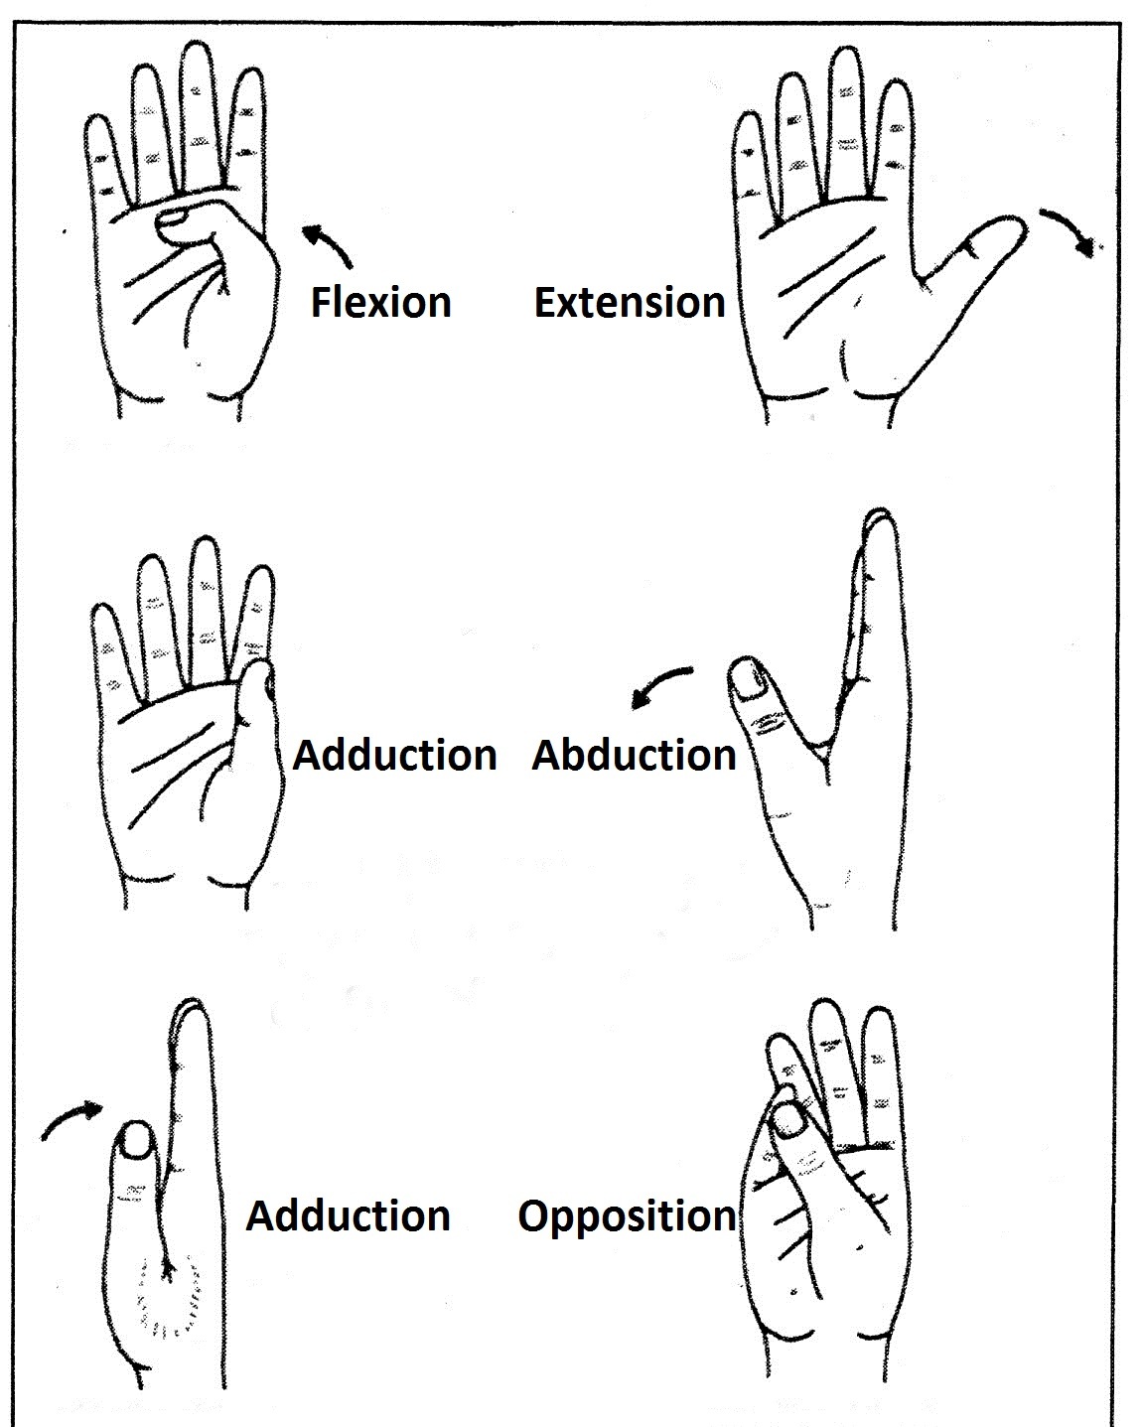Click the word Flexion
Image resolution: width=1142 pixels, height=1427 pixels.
(381, 302)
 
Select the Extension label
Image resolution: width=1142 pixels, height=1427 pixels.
(629, 302)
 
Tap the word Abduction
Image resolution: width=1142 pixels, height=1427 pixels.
(634, 755)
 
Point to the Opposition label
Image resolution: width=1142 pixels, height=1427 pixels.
(627, 1215)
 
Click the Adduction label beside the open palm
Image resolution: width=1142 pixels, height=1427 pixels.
(394, 755)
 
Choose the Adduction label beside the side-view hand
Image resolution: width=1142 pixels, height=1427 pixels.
(348, 1215)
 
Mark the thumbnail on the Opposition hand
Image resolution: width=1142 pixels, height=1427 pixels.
(791, 1120)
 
